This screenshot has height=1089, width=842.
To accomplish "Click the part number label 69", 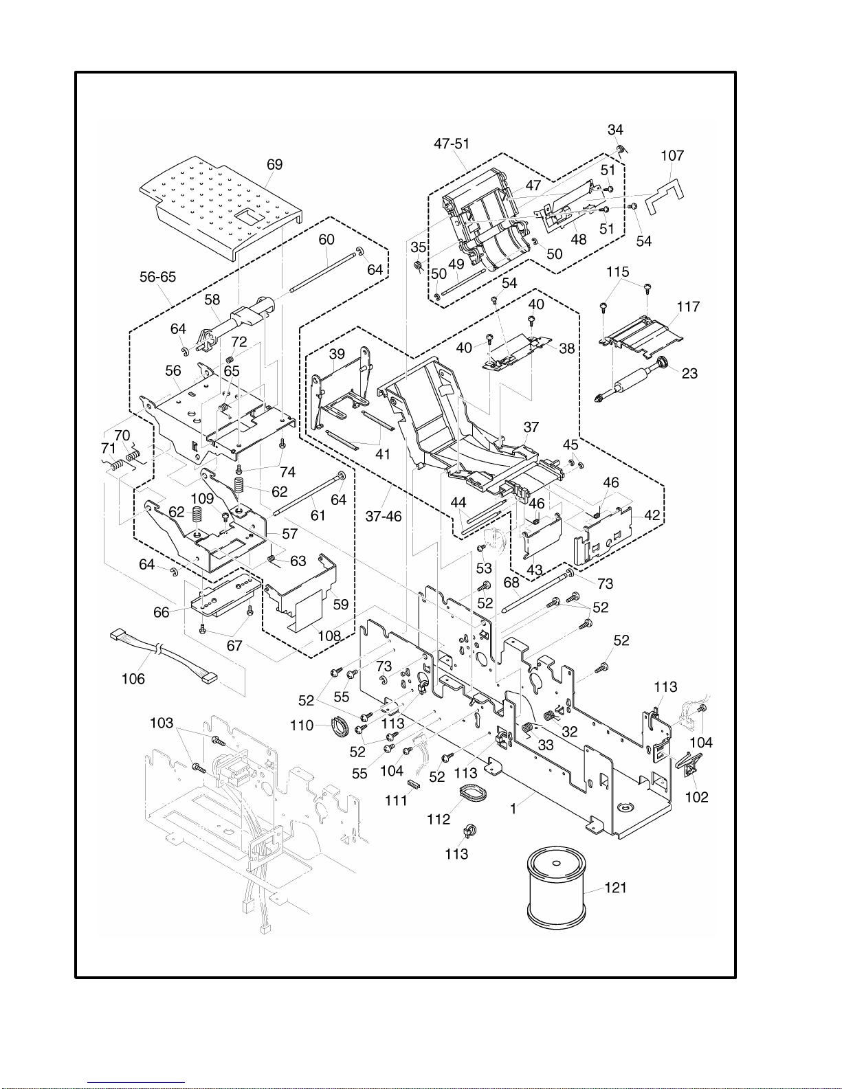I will [274, 165].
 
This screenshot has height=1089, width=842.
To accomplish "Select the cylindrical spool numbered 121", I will [557, 887].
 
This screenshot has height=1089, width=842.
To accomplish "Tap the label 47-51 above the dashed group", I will [452, 144].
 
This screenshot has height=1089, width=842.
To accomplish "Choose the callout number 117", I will [688, 307].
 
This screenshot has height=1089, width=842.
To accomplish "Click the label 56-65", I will [158, 277].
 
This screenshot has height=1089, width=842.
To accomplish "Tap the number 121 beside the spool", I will [615, 888].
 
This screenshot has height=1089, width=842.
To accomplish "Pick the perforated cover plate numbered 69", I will [220, 206].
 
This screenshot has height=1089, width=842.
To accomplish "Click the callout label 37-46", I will [384, 517].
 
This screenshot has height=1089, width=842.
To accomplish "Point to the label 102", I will [697, 797].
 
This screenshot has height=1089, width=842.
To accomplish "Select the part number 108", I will [329, 636].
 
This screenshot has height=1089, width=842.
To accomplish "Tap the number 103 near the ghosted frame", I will [162, 723].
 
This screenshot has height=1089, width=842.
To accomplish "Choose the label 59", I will [341, 605].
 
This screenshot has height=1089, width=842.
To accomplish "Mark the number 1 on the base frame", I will [513, 809].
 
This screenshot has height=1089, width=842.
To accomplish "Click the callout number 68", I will [511, 583].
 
